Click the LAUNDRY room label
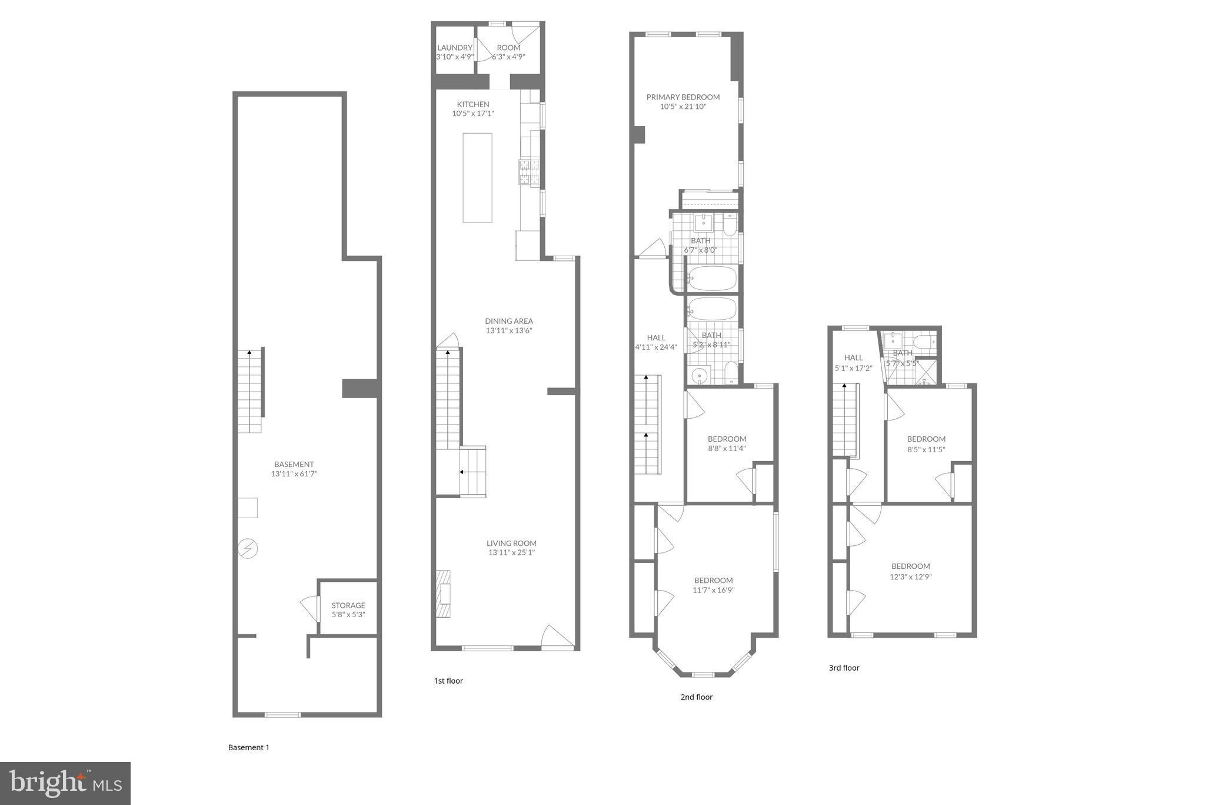454,48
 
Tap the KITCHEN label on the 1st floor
473,104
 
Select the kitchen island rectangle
477,177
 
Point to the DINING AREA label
509,321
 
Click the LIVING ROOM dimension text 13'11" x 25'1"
511,552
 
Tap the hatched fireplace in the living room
443,593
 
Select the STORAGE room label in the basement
348,605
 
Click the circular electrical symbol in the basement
248,549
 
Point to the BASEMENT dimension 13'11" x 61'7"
294,473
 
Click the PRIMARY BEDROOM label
683,97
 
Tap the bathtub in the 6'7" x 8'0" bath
712,278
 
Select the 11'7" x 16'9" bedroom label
713,581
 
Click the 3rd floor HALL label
853,357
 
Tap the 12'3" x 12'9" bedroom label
910,567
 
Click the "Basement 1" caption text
248,747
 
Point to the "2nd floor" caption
696,697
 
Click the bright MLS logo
65,783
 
